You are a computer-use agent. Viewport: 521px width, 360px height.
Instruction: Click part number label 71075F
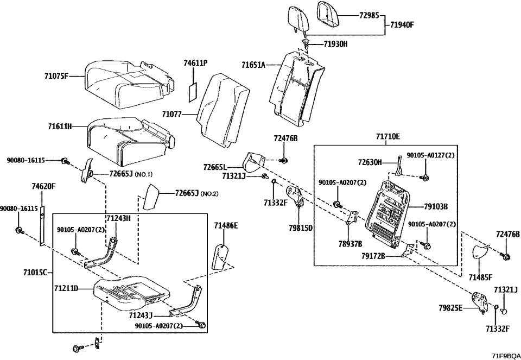pyautogui.click(x=56, y=76)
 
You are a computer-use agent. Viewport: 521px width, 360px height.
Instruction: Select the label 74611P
pyautogui.click(x=195, y=63)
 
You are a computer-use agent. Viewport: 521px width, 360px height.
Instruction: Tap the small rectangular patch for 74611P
pyautogui.click(x=192, y=91)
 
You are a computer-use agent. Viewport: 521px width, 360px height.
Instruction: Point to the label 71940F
pyautogui.click(x=402, y=24)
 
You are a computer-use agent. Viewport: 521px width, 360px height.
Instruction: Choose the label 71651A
pyautogui.click(x=253, y=65)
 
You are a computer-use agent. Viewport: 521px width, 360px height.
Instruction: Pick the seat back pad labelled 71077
pyautogui.click(x=223, y=110)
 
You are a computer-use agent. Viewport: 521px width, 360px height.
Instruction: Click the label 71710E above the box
pyautogui.click(x=388, y=136)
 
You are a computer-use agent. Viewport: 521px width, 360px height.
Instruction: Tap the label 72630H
pyautogui.click(x=370, y=162)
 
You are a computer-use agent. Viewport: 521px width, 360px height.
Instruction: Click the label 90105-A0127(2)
pyautogui.click(x=430, y=155)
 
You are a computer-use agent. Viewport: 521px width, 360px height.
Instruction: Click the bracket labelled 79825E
pyautogui.click(x=479, y=301)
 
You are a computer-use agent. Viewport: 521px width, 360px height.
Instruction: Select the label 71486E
pyautogui.click(x=226, y=226)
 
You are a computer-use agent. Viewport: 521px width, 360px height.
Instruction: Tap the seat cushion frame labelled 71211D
pyautogui.click(x=132, y=291)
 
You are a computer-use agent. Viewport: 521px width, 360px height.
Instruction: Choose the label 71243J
pyautogui.click(x=141, y=314)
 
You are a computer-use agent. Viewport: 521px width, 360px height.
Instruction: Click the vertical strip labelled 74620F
pyautogui.click(x=42, y=226)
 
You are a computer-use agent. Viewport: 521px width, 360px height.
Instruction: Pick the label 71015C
pyautogui.click(x=36, y=273)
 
